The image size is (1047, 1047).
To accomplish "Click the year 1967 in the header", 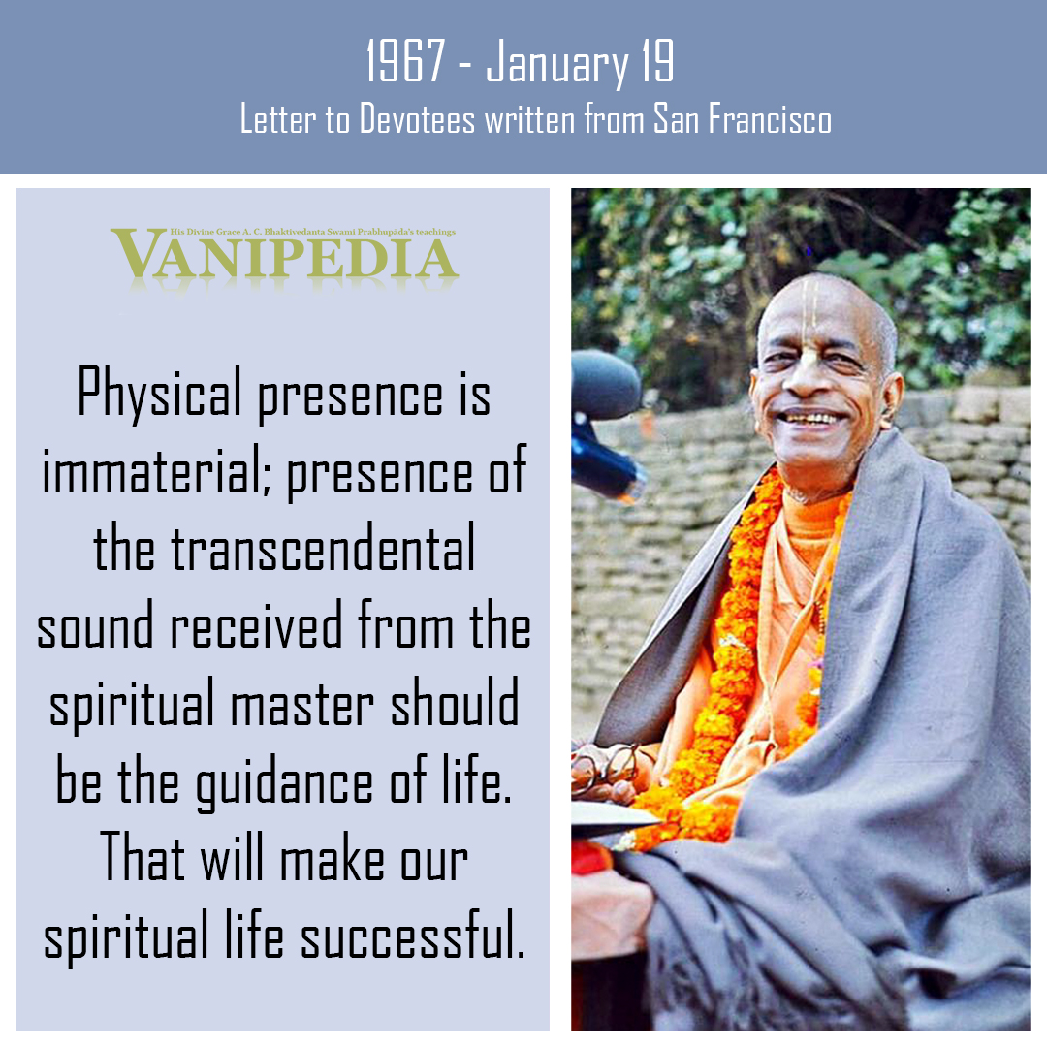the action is pyautogui.click(x=405, y=61).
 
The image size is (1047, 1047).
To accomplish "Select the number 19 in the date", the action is pyautogui.click(x=657, y=61).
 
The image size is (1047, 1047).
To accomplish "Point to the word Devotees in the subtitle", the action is pyautogui.click(x=417, y=119).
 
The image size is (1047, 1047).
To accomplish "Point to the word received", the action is pyautogui.click(x=256, y=625).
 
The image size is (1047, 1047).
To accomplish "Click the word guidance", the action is pyautogui.click(x=284, y=781).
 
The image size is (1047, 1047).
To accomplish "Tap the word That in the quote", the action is pyautogui.click(x=143, y=857).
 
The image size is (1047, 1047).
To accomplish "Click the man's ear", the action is pyautogui.click(x=892, y=399).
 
